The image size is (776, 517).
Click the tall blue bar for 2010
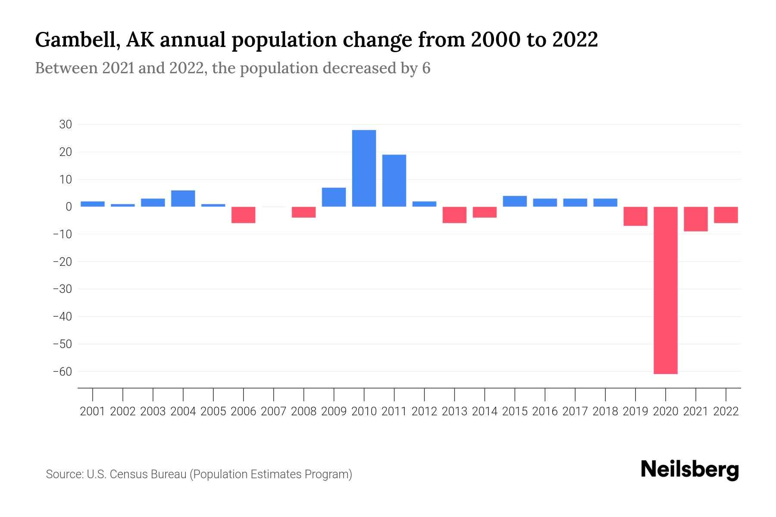[364, 168]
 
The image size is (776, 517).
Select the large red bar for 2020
[666, 290]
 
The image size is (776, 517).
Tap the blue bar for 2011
[394, 181]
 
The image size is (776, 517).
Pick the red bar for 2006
[244, 215]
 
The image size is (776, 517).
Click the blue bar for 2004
[183, 199]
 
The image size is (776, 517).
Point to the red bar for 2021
[696, 219]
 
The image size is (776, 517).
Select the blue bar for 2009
[334, 197]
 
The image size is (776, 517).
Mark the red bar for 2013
[454, 215]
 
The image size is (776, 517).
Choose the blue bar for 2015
[515, 201]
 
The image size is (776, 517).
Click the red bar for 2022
[726, 215]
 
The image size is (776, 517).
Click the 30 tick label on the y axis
[66, 125]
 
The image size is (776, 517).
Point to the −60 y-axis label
[62, 371]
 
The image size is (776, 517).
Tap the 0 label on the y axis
[69, 207]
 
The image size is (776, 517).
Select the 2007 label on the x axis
[273, 411]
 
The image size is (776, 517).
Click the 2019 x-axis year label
[635, 411]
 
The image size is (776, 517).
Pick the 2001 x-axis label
[93, 411]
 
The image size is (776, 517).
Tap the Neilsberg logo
[690, 470]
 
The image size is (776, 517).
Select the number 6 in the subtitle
[426, 69]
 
